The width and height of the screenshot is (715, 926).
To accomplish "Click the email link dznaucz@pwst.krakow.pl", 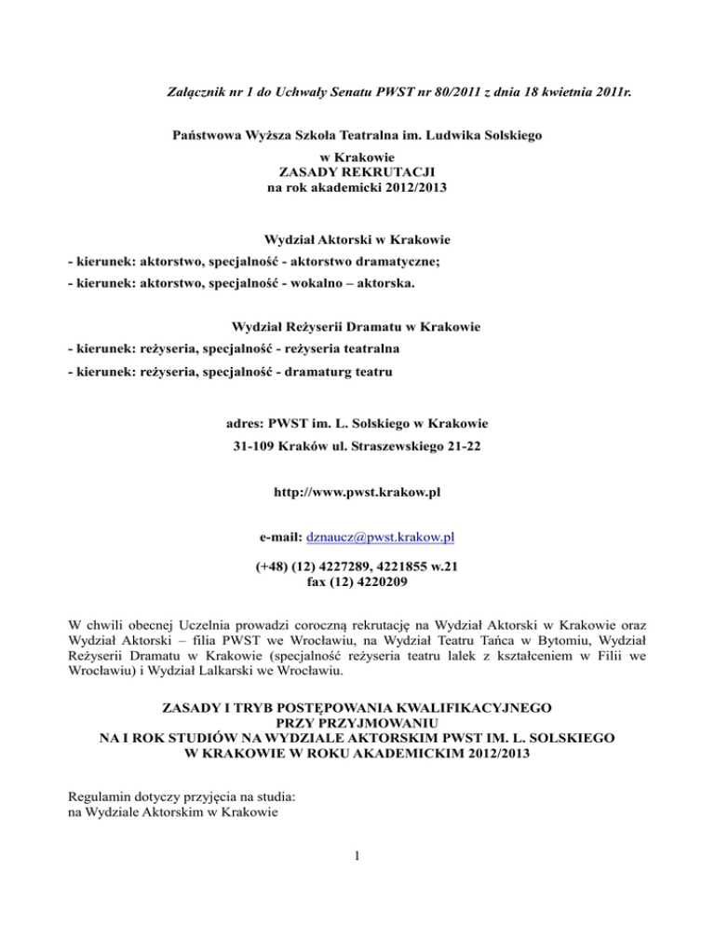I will [380, 538].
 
